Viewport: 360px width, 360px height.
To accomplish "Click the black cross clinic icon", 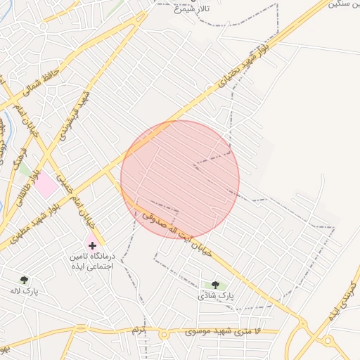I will point(92,245).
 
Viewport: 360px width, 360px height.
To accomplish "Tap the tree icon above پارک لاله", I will point(25,280).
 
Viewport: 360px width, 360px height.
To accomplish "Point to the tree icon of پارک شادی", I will point(215,285).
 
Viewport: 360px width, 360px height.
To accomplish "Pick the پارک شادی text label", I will point(215,296).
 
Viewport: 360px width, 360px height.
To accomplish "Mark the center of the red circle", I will point(180,179).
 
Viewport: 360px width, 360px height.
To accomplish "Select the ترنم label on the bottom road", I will point(139,330).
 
